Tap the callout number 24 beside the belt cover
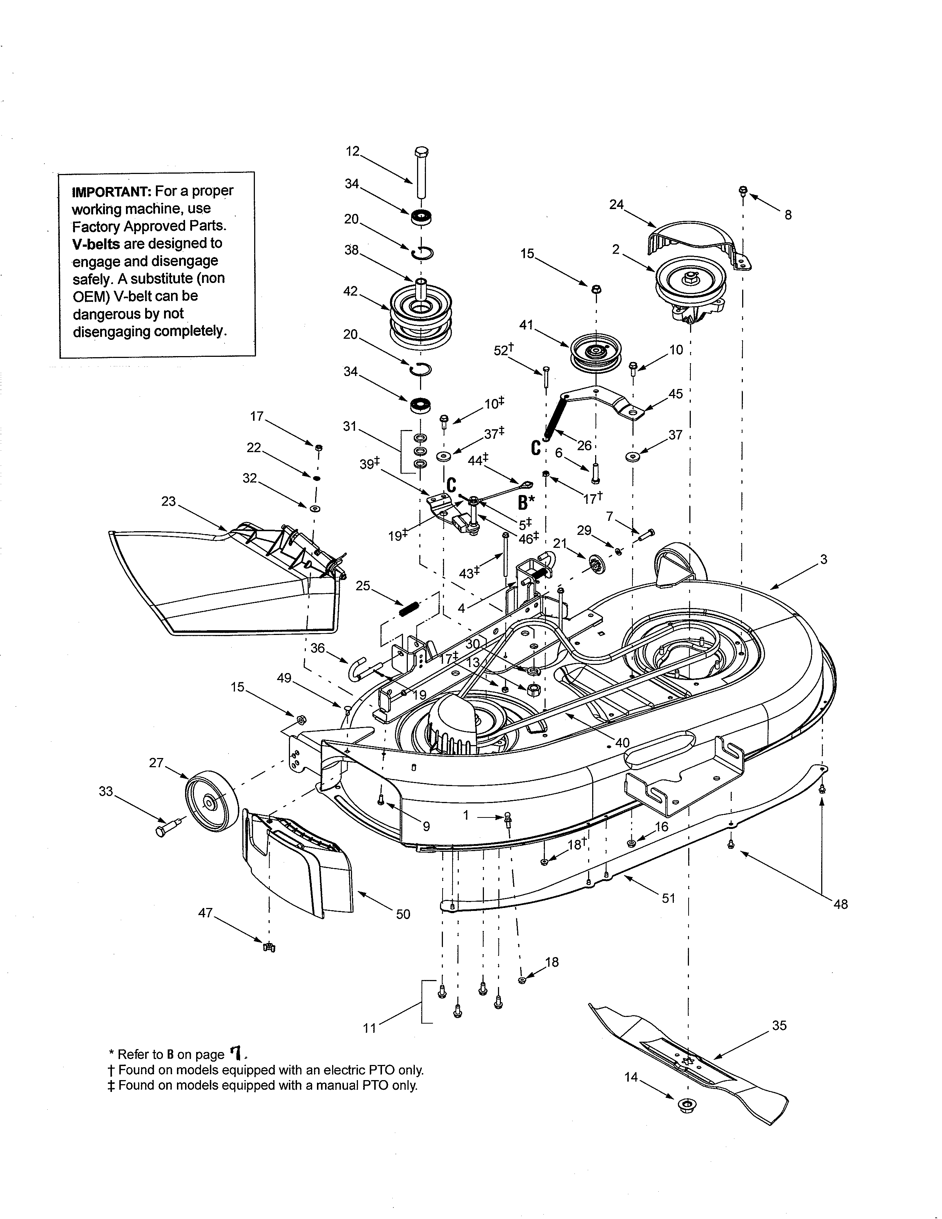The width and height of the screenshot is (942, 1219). tap(616, 205)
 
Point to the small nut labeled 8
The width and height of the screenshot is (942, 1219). tap(743, 191)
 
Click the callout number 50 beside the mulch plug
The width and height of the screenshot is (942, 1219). tap(403, 914)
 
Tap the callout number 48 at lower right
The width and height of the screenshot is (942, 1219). tap(840, 904)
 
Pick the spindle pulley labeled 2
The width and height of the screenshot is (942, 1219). tap(691, 287)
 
